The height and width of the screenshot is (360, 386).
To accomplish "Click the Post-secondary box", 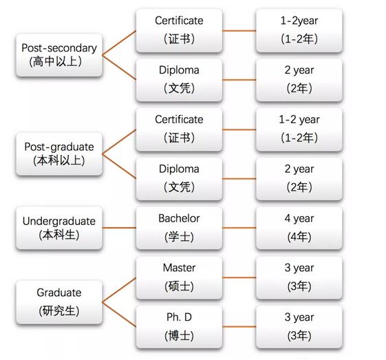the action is pyautogui.click(x=59, y=54).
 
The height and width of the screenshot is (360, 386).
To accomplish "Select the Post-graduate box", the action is pyautogui.click(x=59, y=153).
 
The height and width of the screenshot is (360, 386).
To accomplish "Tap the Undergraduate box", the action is pyautogui.click(x=59, y=228).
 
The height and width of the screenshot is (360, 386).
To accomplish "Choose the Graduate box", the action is pyautogui.click(x=59, y=302).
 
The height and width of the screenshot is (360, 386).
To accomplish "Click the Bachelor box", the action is pyautogui.click(x=179, y=228).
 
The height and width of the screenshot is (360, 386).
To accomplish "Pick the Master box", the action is pyautogui.click(x=179, y=277).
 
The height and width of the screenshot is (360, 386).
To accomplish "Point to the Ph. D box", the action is pyautogui.click(x=179, y=327).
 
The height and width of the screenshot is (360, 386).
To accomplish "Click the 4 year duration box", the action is pyautogui.click(x=299, y=228).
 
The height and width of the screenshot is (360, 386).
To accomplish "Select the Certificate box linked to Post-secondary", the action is pyautogui.click(x=179, y=30).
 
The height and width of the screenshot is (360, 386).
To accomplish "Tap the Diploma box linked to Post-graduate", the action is pyautogui.click(x=179, y=178).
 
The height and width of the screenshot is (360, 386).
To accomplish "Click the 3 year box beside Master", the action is pyautogui.click(x=299, y=277).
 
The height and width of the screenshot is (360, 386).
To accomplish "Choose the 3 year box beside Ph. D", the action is pyautogui.click(x=299, y=327).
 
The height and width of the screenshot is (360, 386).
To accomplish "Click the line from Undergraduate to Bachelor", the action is pyautogui.click(x=119, y=228).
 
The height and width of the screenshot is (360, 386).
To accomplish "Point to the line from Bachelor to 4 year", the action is pyautogui.click(x=239, y=228).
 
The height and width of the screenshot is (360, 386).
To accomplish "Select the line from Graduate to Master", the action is pyautogui.click(x=119, y=290).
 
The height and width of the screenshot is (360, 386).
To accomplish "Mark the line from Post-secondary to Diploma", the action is pyautogui.click(x=119, y=67).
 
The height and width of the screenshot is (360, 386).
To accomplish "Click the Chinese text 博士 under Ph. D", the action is pyautogui.click(x=179, y=335).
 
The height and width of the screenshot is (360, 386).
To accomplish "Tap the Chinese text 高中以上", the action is pyautogui.click(x=56, y=61).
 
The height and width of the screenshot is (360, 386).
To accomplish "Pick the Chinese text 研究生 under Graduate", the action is pyautogui.click(x=59, y=310).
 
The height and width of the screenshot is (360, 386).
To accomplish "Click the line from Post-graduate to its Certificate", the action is pyautogui.click(x=119, y=142).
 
